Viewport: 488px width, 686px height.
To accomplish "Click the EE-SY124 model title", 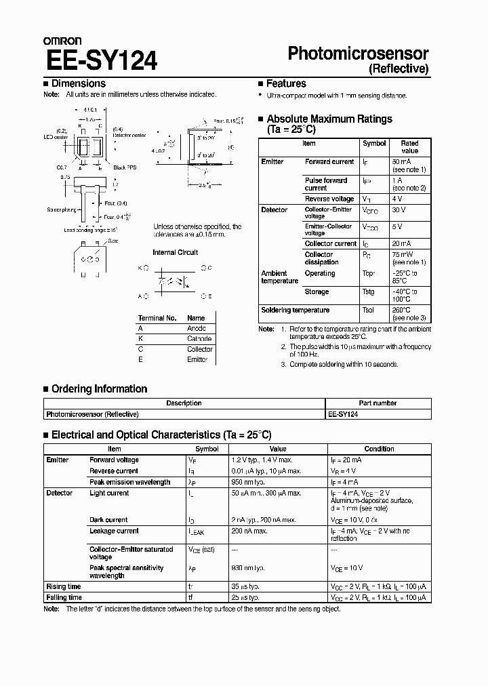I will tap(102, 60).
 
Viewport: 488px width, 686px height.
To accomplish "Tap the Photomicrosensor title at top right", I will tap(359, 54).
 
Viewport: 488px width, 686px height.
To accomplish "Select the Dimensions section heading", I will tap(78, 83).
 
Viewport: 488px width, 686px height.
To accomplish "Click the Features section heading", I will tap(285, 83).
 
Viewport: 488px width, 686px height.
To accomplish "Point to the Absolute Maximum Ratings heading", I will tap(329, 119).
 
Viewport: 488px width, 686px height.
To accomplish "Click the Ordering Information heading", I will tap(99, 388).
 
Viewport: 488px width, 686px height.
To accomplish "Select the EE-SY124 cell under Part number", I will tap(343, 413).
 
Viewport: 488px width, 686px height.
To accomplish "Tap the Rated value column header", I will tap(409, 147).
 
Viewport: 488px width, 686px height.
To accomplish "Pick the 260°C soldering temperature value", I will tap(400, 310).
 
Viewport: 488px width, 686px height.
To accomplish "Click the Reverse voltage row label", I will tap(329, 199).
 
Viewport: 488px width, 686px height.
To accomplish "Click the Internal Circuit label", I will tap(176, 252).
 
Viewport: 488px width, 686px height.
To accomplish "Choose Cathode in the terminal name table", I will tap(199, 338).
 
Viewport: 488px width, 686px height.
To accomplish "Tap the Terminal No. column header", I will tap(157, 317).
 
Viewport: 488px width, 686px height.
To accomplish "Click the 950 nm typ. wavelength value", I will tap(247, 482).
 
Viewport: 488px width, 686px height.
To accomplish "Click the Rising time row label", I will tap(63, 586).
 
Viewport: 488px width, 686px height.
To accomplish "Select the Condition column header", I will tap(379, 449).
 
